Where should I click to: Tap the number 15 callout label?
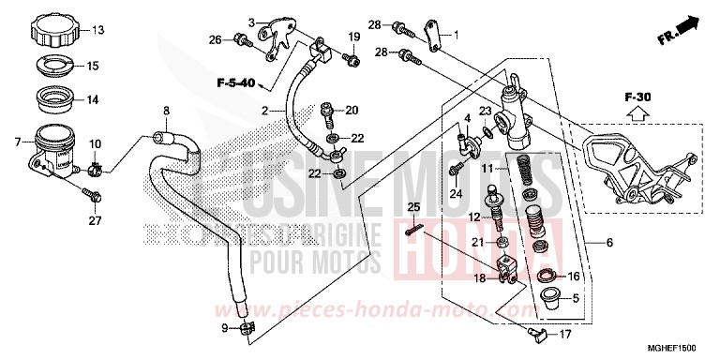[93, 67]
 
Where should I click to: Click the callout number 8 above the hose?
[166, 111]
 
